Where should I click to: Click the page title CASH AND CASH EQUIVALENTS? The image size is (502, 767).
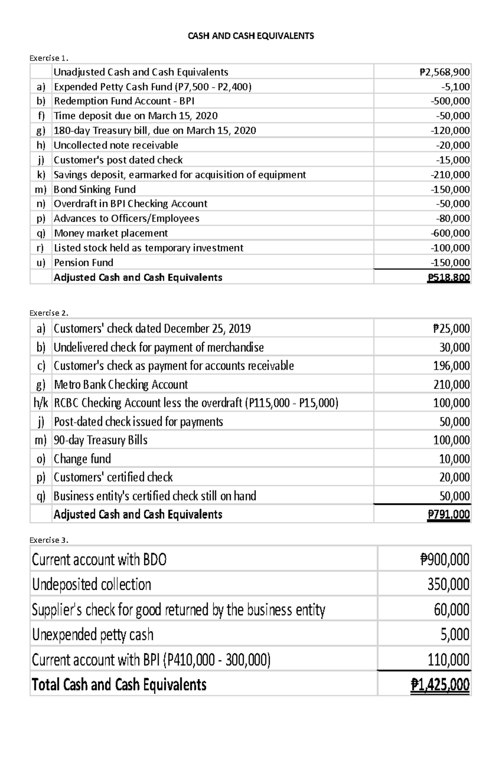pyautogui.click(x=251, y=36)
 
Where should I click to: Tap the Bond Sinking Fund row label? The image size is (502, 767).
pyautogui.click(x=95, y=189)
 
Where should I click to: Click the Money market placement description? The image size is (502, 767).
pyautogui.click(x=111, y=233)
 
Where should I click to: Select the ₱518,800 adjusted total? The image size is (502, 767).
pyautogui.click(x=448, y=278)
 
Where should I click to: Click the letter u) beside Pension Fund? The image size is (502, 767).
pyautogui.click(x=41, y=263)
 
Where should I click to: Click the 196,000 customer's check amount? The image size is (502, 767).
pyautogui.click(x=451, y=366)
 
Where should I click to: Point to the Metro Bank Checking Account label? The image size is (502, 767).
pyautogui.click(x=121, y=385)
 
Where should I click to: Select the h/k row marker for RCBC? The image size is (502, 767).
pyautogui.click(x=41, y=403)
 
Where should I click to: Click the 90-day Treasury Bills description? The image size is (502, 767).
pyautogui.click(x=100, y=440)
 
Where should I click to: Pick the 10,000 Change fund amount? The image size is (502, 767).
pyautogui.click(x=454, y=459)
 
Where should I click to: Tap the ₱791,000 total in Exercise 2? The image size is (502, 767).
pyautogui.click(x=448, y=515)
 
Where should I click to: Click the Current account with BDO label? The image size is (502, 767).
pyautogui.click(x=99, y=559)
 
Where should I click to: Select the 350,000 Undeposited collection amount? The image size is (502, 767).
pyautogui.click(x=448, y=584)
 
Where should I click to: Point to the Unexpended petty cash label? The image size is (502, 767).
pyautogui.click(x=93, y=634)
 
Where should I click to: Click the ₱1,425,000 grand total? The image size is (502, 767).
pyautogui.click(x=440, y=685)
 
